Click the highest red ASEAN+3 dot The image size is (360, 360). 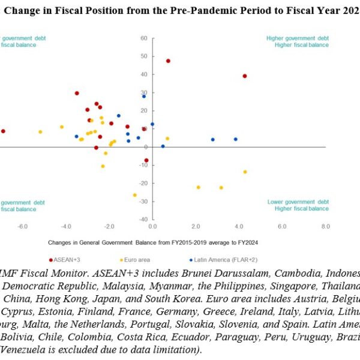168,61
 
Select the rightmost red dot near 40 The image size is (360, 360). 245,76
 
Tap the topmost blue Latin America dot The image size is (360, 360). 143,96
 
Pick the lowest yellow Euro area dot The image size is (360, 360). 134,195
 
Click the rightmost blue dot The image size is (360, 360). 235,139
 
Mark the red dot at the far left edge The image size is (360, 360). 3,131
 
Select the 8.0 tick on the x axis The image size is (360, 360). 325,226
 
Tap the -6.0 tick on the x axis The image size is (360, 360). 22,226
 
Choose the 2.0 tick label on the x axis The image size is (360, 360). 196,226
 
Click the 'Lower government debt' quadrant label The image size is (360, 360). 298,202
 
